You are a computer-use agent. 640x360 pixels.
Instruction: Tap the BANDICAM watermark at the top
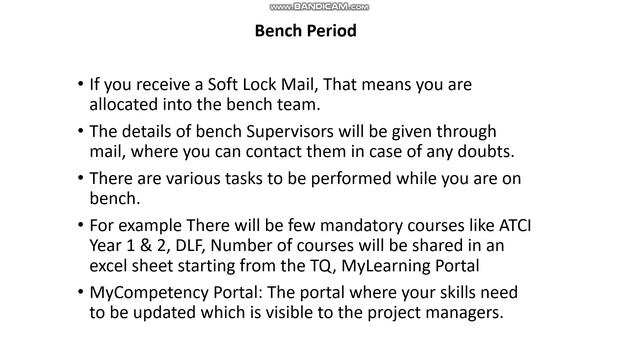319,6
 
